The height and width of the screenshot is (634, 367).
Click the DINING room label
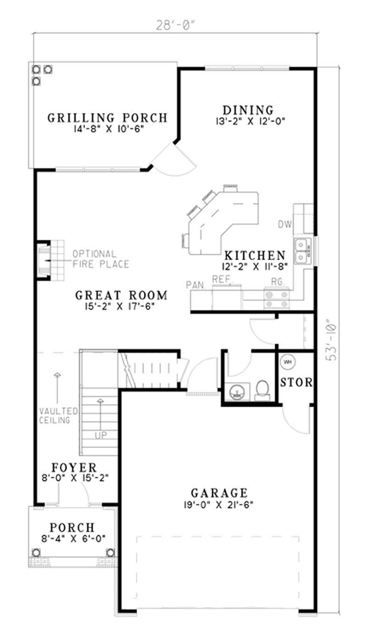click(x=248, y=110)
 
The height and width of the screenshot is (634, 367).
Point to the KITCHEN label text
click(x=255, y=255)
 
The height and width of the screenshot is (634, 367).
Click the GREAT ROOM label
click(x=121, y=295)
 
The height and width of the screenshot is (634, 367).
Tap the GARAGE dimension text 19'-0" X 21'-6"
click(x=219, y=505)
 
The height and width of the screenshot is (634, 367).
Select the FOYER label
click(x=74, y=468)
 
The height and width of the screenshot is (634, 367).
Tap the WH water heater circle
click(x=288, y=362)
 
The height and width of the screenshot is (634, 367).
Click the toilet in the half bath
click(x=262, y=390)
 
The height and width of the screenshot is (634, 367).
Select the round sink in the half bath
click(x=236, y=392)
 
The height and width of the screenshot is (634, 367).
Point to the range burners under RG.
click(x=276, y=298)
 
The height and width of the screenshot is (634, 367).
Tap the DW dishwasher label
click(x=284, y=224)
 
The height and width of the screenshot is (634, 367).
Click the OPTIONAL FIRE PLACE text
click(x=100, y=259)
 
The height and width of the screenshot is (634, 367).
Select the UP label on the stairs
click(x=101, y=435)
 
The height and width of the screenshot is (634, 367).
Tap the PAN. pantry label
click(x=196, y=285)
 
